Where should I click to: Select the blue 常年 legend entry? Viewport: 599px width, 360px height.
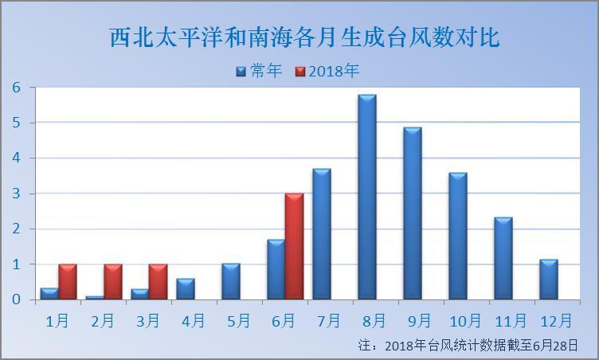click(260, 71)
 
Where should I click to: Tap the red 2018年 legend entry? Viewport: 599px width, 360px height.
click(327, 71)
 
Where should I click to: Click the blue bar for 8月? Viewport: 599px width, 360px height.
click(366, 197)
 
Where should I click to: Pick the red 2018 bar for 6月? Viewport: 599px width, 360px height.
click(294, 246)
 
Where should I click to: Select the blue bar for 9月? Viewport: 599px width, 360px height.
click(412, 213)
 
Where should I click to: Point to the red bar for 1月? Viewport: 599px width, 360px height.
click(68, 281)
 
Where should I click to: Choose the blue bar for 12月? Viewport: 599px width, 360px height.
click(548, 280)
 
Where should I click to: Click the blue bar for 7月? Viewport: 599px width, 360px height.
click(321, 234)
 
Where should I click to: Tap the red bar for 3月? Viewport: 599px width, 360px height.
click(158, 281)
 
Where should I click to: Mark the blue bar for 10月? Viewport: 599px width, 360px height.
click(457, 236)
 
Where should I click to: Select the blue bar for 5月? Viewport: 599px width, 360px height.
click(231, 281)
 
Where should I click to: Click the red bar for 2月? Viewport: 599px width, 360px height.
click(112, 281)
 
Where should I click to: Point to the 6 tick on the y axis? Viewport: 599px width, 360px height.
click(16, 88)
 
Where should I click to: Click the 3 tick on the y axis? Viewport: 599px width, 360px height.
click(16, 194)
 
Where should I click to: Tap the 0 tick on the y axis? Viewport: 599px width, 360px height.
click(16, 299)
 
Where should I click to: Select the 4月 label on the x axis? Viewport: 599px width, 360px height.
click(194, 321)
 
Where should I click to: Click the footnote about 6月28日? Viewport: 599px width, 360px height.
click(468, 346)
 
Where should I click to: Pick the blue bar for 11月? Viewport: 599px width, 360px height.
click(503, 258)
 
